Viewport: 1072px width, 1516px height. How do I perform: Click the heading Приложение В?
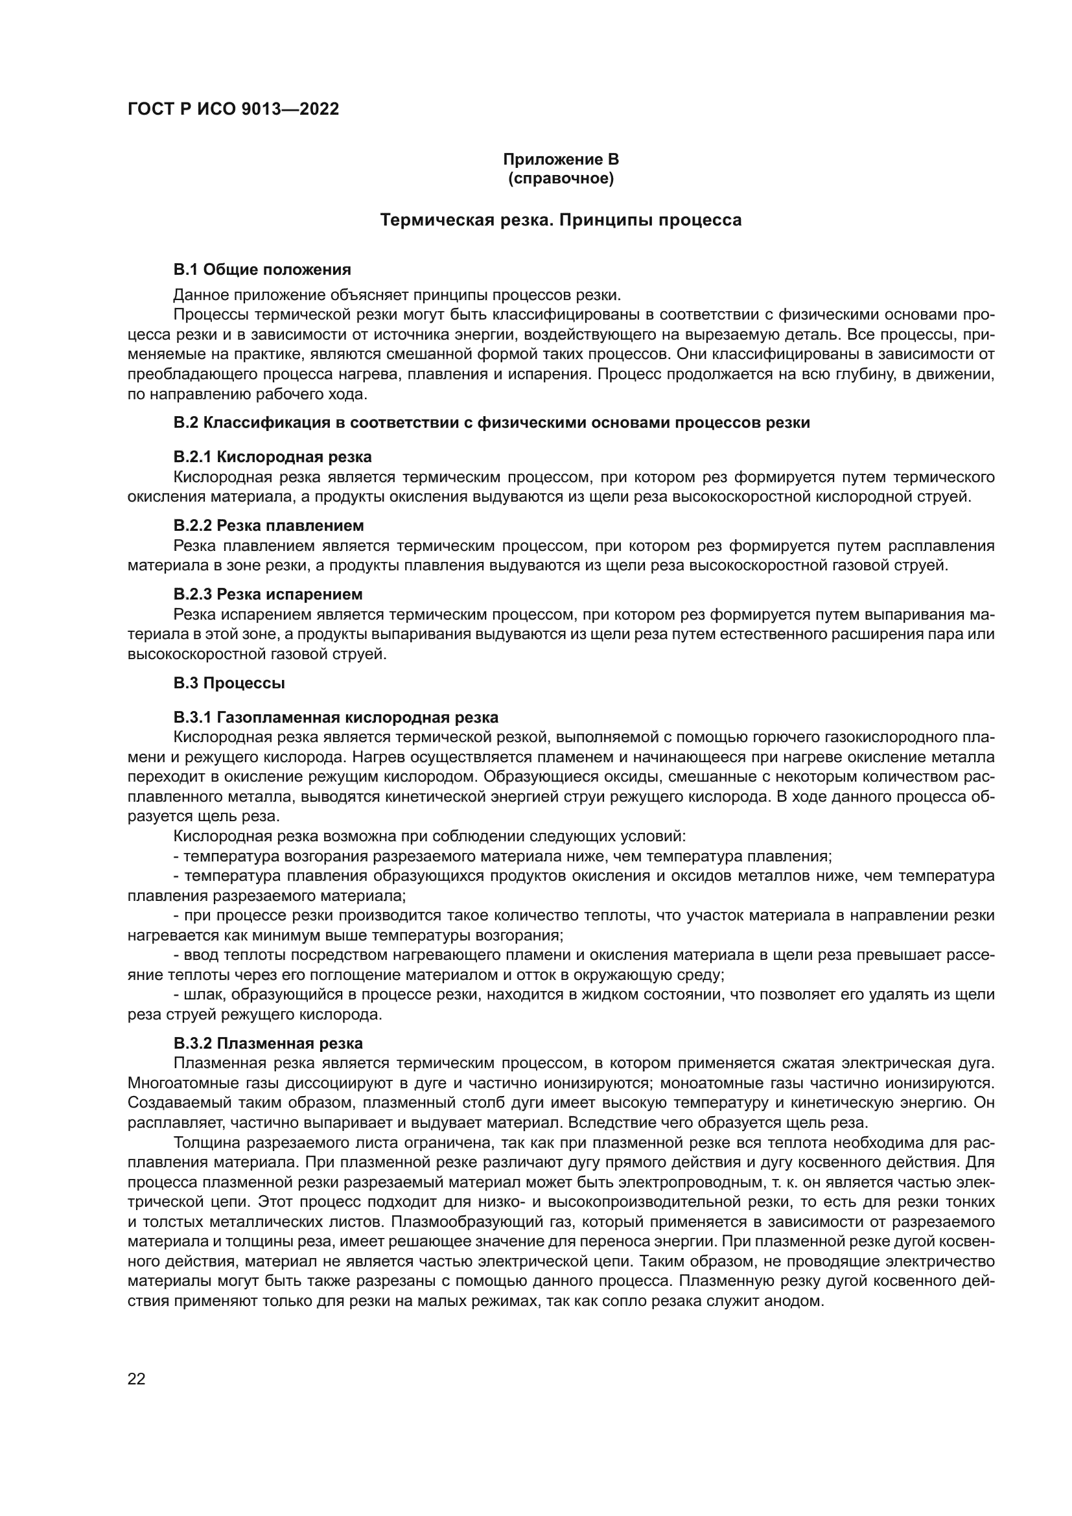(x=561, y=159)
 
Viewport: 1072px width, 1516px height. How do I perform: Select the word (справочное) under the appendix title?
(x=561, y=179)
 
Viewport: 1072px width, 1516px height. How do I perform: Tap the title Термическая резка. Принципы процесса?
(x=561, y=220)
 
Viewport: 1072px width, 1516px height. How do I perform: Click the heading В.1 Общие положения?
(x=262, y=270)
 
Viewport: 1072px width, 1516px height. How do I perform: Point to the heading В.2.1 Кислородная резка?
(x=273, y=457)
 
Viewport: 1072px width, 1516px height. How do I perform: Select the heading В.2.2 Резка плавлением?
(x=269, y=526)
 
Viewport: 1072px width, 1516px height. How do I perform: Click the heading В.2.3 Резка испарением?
(x=268, y=594)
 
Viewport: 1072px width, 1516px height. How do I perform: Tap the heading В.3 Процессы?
(x=229, y=683)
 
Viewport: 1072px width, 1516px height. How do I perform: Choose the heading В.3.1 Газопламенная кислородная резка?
(x=336, y=717)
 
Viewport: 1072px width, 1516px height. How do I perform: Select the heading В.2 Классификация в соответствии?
(x=491, y=423)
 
